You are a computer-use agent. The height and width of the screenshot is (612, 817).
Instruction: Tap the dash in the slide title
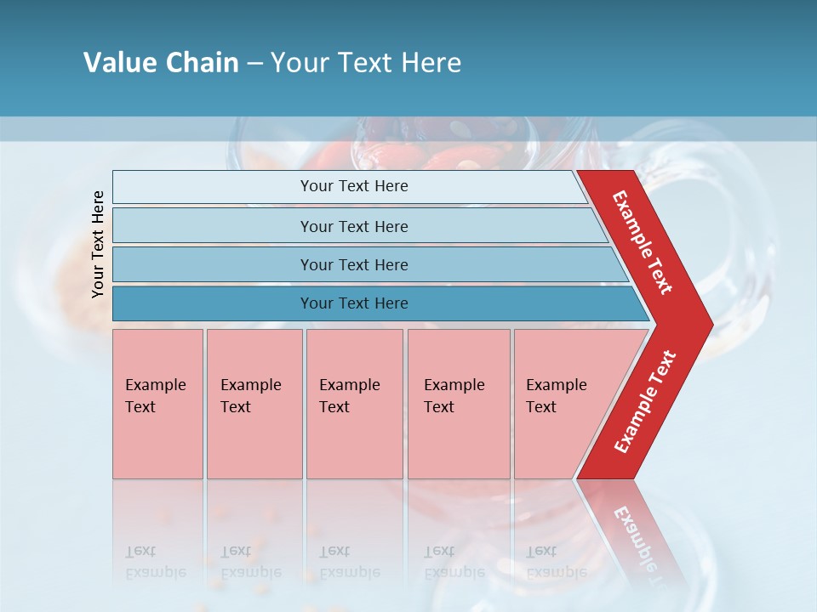(x=254, y=63)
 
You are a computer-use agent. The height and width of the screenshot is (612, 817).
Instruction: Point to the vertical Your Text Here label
(x=98, y=244)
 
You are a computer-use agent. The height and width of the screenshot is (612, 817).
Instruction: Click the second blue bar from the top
(x=353, y=226)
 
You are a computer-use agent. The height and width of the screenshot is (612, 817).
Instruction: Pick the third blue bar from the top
(x=353, y=264)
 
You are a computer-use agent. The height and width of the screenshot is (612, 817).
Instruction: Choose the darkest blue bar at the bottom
(x=353, y=303)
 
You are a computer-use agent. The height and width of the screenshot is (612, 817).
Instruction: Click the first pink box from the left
(x=157, y=404)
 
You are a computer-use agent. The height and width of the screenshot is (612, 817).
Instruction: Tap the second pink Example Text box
(x=254, y=404)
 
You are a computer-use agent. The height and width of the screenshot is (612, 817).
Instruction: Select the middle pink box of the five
(x=354, y=404)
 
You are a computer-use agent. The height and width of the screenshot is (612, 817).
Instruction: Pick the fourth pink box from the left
(x=459, y=404)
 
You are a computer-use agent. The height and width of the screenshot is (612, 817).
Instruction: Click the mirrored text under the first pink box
(x=155, y=562)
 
